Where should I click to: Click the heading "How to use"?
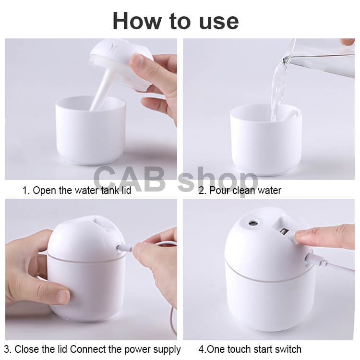point(176,21)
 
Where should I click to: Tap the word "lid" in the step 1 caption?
point(126,191)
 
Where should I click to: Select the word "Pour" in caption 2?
point(219,191)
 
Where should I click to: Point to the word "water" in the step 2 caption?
point(269,191)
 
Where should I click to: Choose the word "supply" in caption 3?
point(167,349)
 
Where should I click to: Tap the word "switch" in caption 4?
point(288,349)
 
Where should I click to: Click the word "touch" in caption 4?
point(243,349)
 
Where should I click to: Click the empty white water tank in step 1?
point(90,131)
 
